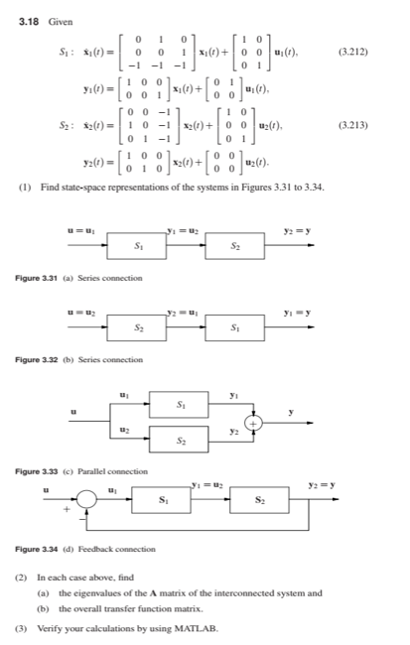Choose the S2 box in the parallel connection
(180, 439)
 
